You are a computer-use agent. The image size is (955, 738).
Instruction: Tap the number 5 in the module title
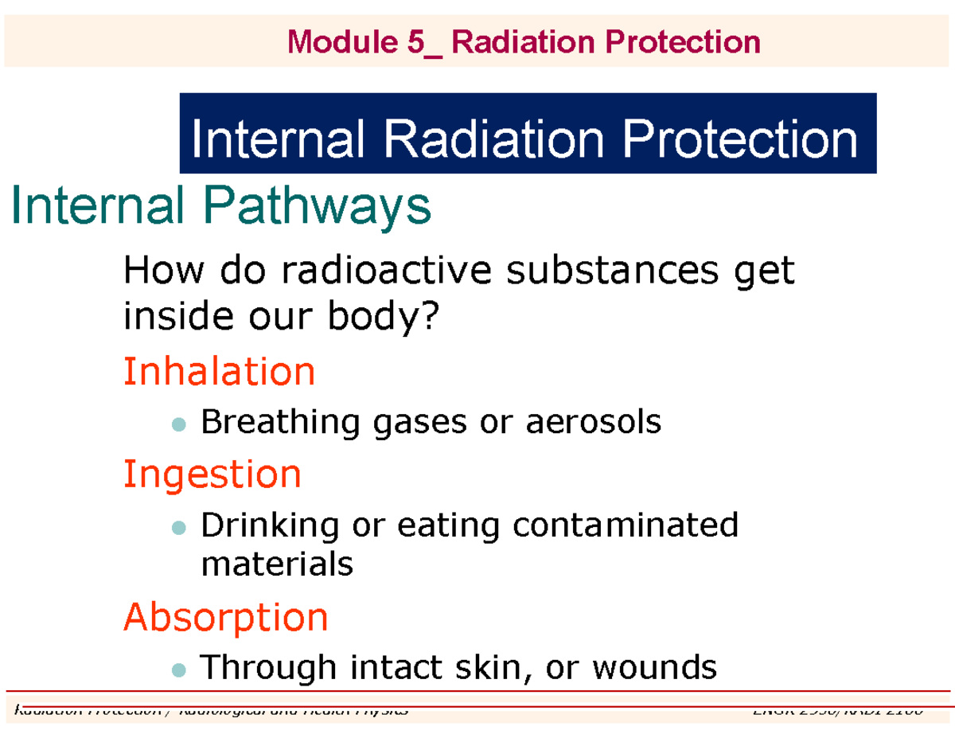pos(416,41)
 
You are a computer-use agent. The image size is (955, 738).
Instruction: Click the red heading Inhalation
pos(219,371)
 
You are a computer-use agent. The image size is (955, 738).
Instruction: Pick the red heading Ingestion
pos(212,474)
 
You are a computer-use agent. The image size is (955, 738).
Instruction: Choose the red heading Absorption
pos(225,617)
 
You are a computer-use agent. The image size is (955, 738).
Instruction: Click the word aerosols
pos(593,422)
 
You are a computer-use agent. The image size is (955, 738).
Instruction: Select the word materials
pos(277,564)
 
